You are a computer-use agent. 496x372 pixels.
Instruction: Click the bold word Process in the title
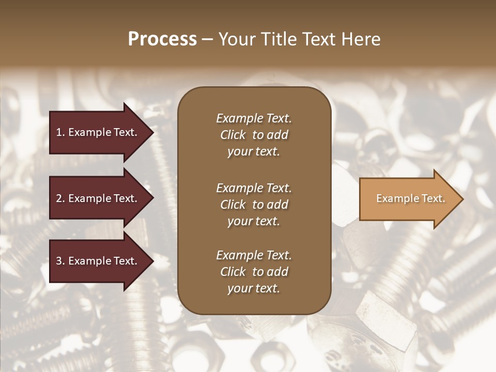point(162,39)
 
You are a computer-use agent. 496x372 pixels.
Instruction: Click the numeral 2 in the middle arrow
point(59,198)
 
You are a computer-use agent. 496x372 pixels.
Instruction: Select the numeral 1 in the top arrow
point(59,132)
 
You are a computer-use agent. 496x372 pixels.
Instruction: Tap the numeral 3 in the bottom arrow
point(59,261)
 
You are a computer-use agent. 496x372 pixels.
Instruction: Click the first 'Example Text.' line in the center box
point(254,118)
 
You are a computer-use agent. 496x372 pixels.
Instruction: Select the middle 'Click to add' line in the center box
point(254,205)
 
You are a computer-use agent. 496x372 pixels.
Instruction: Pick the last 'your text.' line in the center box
point(254,289)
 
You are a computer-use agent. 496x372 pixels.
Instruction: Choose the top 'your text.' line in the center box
point(254,152)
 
